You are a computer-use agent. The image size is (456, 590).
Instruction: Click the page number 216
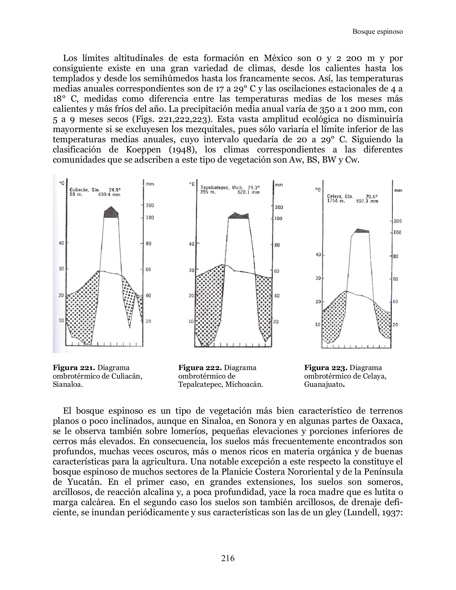228,558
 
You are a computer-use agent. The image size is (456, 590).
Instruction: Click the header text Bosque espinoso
377,31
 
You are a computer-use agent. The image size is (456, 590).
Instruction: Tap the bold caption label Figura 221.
74,368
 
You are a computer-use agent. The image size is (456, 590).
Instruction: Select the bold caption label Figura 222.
200,368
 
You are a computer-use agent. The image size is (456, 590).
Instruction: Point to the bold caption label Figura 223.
326,368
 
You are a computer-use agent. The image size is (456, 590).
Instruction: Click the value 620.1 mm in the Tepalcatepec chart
248,192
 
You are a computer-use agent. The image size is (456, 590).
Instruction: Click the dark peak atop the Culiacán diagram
111,212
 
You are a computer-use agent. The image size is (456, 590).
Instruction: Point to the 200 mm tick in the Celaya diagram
397,221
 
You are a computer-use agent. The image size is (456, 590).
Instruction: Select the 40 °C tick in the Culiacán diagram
61,243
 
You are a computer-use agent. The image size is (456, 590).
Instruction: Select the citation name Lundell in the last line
360,512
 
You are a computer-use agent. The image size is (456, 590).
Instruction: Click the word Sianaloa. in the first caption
68,385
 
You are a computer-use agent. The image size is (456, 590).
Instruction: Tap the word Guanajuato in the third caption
323,385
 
